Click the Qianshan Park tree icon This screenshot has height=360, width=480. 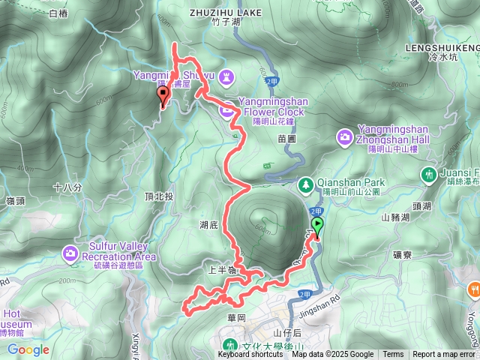(x=306, y=184)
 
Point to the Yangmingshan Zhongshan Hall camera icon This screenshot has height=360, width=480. (x=344, y=136)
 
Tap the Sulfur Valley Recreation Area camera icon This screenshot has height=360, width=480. (x=71, y=253)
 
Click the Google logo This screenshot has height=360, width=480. (x=28, y=349)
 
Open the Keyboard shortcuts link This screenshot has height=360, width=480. (x=250, y=355)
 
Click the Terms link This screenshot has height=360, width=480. (x=393, y=355)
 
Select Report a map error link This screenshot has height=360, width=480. (x=444, y=355)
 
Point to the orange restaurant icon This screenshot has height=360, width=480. (x=474, y=289)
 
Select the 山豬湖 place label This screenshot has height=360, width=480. (x=395, y=217)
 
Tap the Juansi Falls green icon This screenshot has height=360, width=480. (x=429, y=174)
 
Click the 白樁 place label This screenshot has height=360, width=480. (x=57, y=13)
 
